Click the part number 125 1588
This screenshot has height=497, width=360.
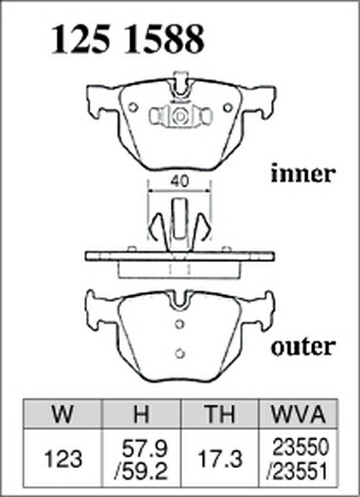(x=127, y=40)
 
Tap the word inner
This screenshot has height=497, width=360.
(x=303, y=173)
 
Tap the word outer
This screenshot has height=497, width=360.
(x=303, y=346)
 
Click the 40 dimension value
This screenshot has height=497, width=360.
(x=180, y=181)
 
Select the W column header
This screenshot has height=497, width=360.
(x=63, y=414)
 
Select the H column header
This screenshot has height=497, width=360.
(x=141, y=414)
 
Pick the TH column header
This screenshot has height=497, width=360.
(x=220, y=414)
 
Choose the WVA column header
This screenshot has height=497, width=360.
(x=298, y=414)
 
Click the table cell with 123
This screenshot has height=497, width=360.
(x=63, y=459)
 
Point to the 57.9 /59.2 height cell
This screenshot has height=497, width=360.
(x=141, y=459)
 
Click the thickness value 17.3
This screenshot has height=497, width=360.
(x=220, y=459)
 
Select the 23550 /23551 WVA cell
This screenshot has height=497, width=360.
(x=298, y=459)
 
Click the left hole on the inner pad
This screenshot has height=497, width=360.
(x=133, y=108)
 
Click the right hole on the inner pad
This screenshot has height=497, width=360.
(x=228, y=108)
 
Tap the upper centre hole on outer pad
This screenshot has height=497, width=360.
(x=180, y=324)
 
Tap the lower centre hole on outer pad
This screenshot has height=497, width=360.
(x=180, y=353)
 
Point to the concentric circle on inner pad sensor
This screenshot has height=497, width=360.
(x=180, y=116)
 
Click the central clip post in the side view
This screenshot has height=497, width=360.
(x=180, y=219)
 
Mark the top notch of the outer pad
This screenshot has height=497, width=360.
(x=180, y=300)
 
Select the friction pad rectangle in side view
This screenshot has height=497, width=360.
(x=180, y=270)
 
